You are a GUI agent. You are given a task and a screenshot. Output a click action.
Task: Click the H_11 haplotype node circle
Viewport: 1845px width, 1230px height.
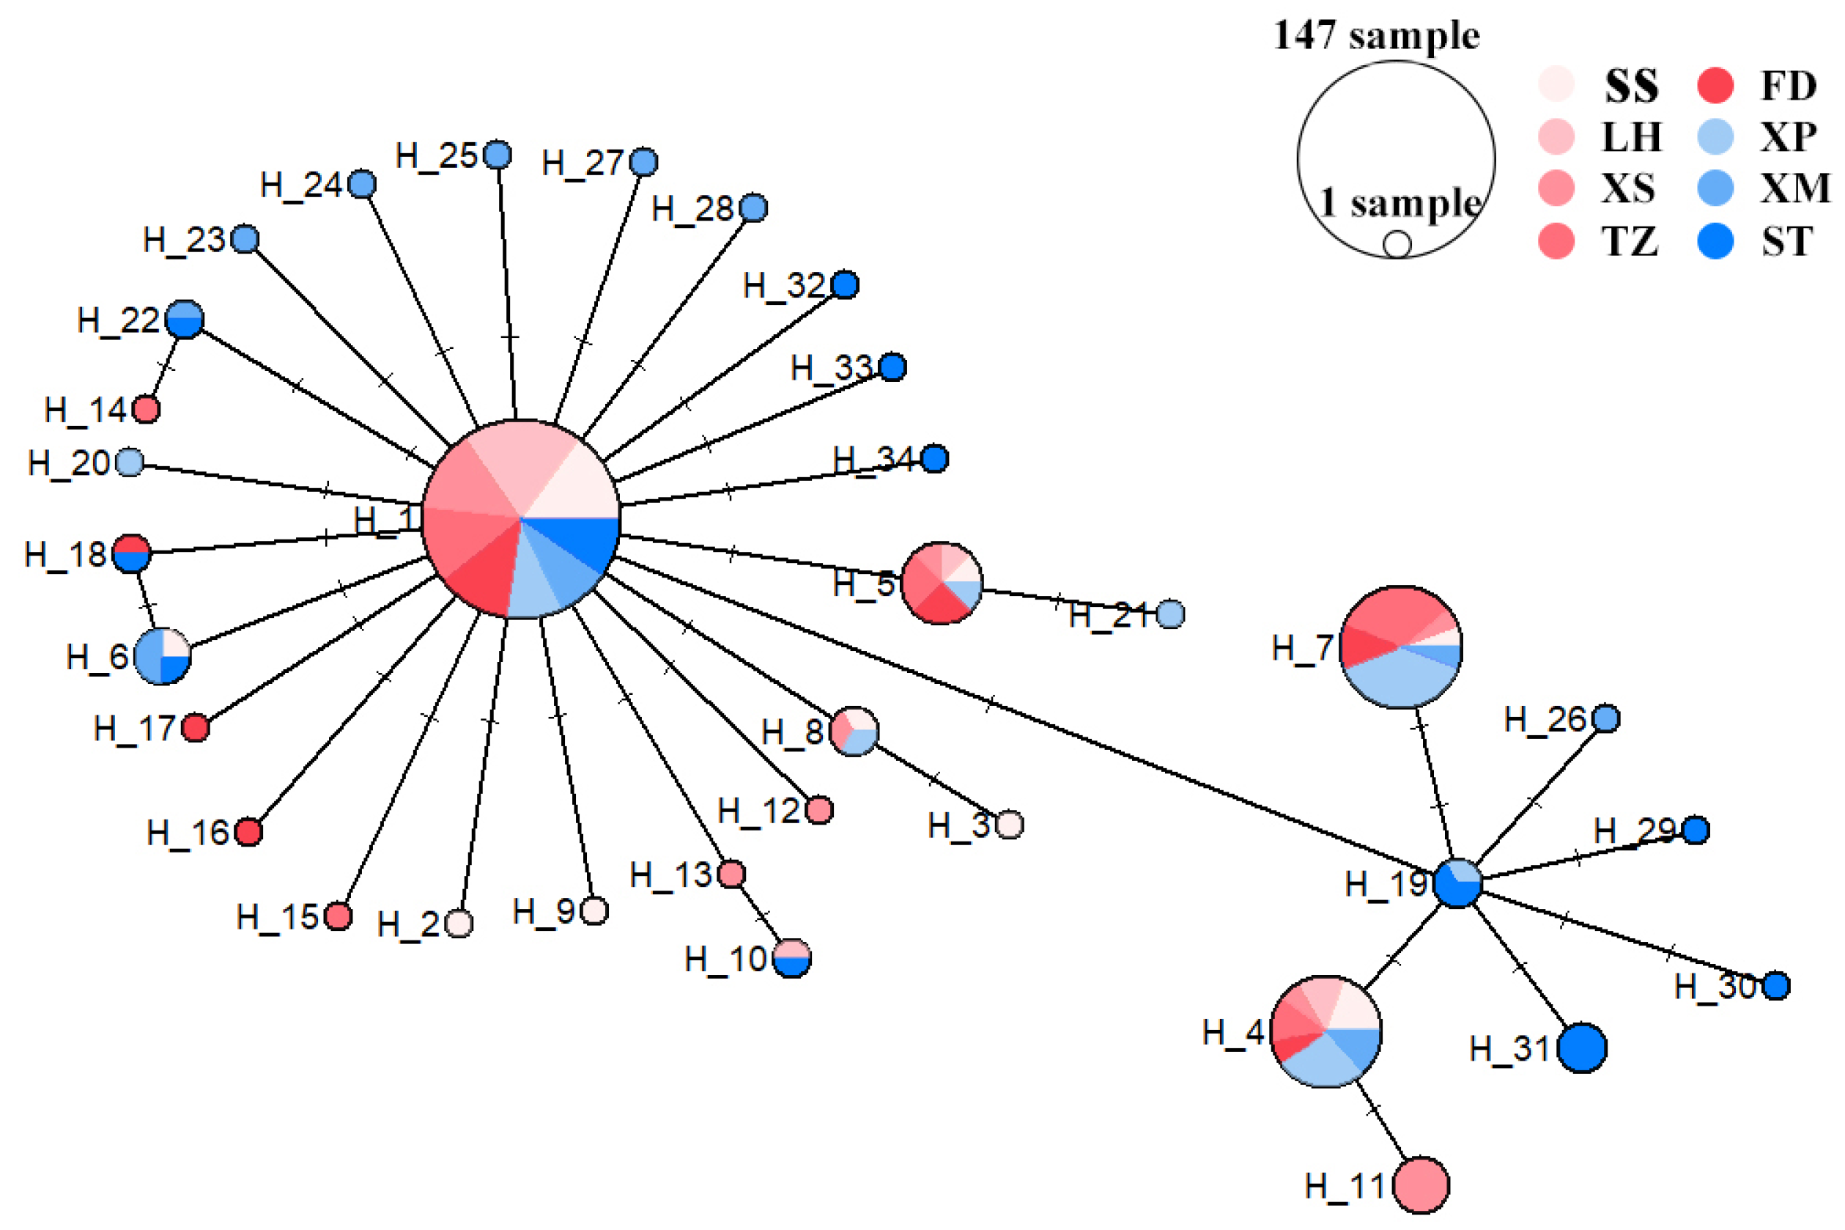coord(1420,1185)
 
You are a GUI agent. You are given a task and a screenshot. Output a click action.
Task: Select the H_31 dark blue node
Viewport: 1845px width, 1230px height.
coord(1580,1047)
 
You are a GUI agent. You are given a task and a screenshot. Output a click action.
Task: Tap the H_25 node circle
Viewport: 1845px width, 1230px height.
coord(497,155)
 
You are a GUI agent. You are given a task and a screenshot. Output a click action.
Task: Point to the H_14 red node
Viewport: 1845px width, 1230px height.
coord(146,409)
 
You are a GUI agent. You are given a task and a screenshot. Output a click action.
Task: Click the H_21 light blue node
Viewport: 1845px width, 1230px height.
coord(1170,614)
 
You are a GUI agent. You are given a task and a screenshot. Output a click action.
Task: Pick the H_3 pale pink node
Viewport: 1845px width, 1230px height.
coord(1009,825)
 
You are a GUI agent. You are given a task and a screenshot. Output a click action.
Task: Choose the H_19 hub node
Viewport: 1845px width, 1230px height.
coord(1457,883)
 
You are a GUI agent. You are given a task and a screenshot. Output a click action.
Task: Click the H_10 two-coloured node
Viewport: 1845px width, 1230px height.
coord(792,958)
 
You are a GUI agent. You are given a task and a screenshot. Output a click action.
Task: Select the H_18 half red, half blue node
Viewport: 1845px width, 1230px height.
coord(131,554)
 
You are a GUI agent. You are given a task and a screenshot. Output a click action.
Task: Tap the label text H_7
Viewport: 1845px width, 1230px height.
coord(1301,648)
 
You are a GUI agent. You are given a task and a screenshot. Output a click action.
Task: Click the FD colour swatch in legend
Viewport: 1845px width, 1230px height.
coord(1714,85)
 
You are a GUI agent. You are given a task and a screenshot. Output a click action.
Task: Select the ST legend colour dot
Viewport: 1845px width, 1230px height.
coord(1714,241)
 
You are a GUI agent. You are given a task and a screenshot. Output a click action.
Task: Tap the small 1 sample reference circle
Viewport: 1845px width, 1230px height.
coord(1397,244)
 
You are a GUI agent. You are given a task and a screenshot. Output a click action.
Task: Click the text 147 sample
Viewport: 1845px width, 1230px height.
coord(1376,35)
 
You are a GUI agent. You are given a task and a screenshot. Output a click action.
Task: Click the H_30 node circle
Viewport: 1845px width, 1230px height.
coord(1776,985)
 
